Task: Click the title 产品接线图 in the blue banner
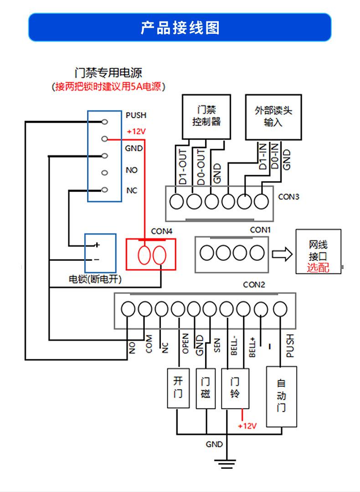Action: click(180, 28)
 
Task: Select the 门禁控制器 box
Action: click(206, 116)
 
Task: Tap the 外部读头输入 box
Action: click(273, 117)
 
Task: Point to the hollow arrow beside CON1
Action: click(282, 254)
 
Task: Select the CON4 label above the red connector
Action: click(162, 231)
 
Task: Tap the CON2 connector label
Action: click(254, 285)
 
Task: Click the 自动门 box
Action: click(281, 396)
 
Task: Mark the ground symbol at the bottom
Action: click(225, 463)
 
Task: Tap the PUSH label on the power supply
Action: click(136, 116)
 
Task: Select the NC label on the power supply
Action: click(131, 191)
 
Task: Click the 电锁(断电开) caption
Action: click(95, 279)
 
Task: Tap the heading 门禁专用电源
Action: click(108, 73)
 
